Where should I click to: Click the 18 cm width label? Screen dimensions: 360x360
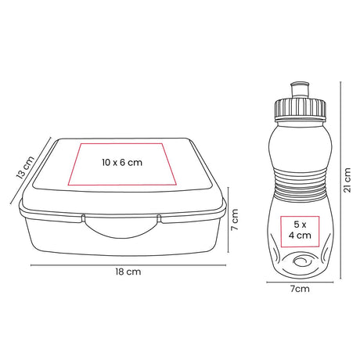pyautogui.click(x=128, y=272)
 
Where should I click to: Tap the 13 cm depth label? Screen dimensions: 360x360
pyautogui.click(x=25, y=167)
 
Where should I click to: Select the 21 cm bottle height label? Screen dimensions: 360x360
pyautogui.click(x=347, y=180)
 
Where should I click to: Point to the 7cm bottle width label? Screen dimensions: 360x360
pyautogui.click(x=300, y=289)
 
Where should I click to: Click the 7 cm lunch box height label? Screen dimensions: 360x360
pyautogui.click(x=235, y=219)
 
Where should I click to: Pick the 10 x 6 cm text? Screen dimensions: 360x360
pyautogui.click(x=122, y=163)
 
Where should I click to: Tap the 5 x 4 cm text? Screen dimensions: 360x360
pyautogui.click(x=300, y=230)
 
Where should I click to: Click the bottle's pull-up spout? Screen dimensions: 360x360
pyautogui.click(x=300, y=90)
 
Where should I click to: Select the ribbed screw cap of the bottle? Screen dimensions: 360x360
pyautogui.click(x=300, y=108)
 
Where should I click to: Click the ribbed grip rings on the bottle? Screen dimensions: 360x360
pyautogui.click(x=300, y=185)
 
